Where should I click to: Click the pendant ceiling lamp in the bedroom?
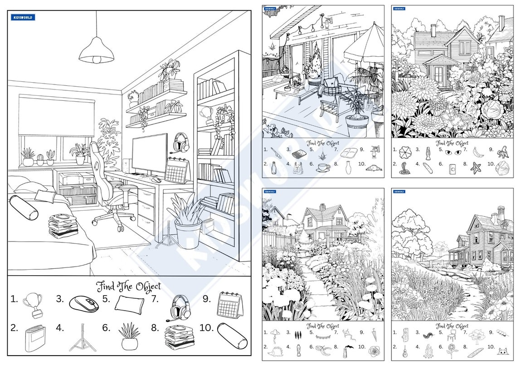click(x=96, y=51)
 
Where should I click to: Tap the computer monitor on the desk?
click(x=149, y=153)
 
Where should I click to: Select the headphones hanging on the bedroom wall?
click(x=181, y=142)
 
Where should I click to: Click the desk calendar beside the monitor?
click(x=177, y=170)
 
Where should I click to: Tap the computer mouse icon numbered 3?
click(x=84, y=303)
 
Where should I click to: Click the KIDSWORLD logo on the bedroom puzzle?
click(x=23, y=17)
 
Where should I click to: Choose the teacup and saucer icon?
click(x=323, y=167)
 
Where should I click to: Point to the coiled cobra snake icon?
click(x=403, y=169)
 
